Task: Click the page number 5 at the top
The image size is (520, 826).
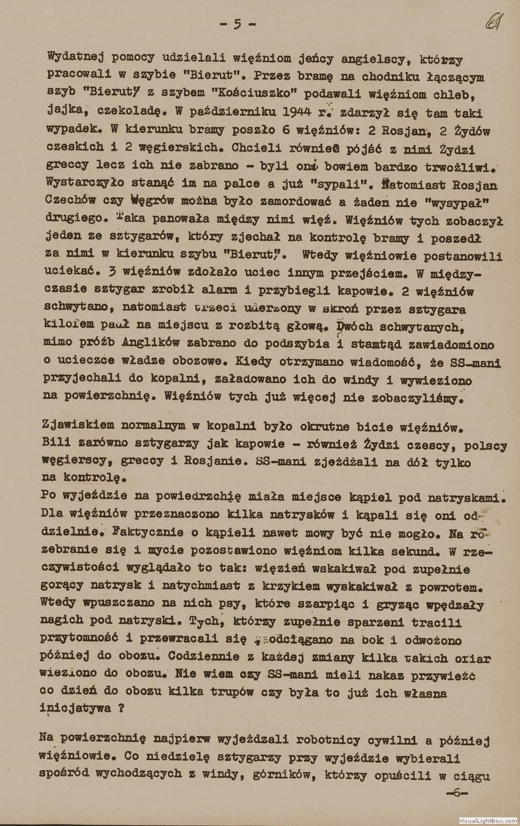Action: (x=237, y=24)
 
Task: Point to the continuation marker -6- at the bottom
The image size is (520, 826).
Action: (x=457, y=793)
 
